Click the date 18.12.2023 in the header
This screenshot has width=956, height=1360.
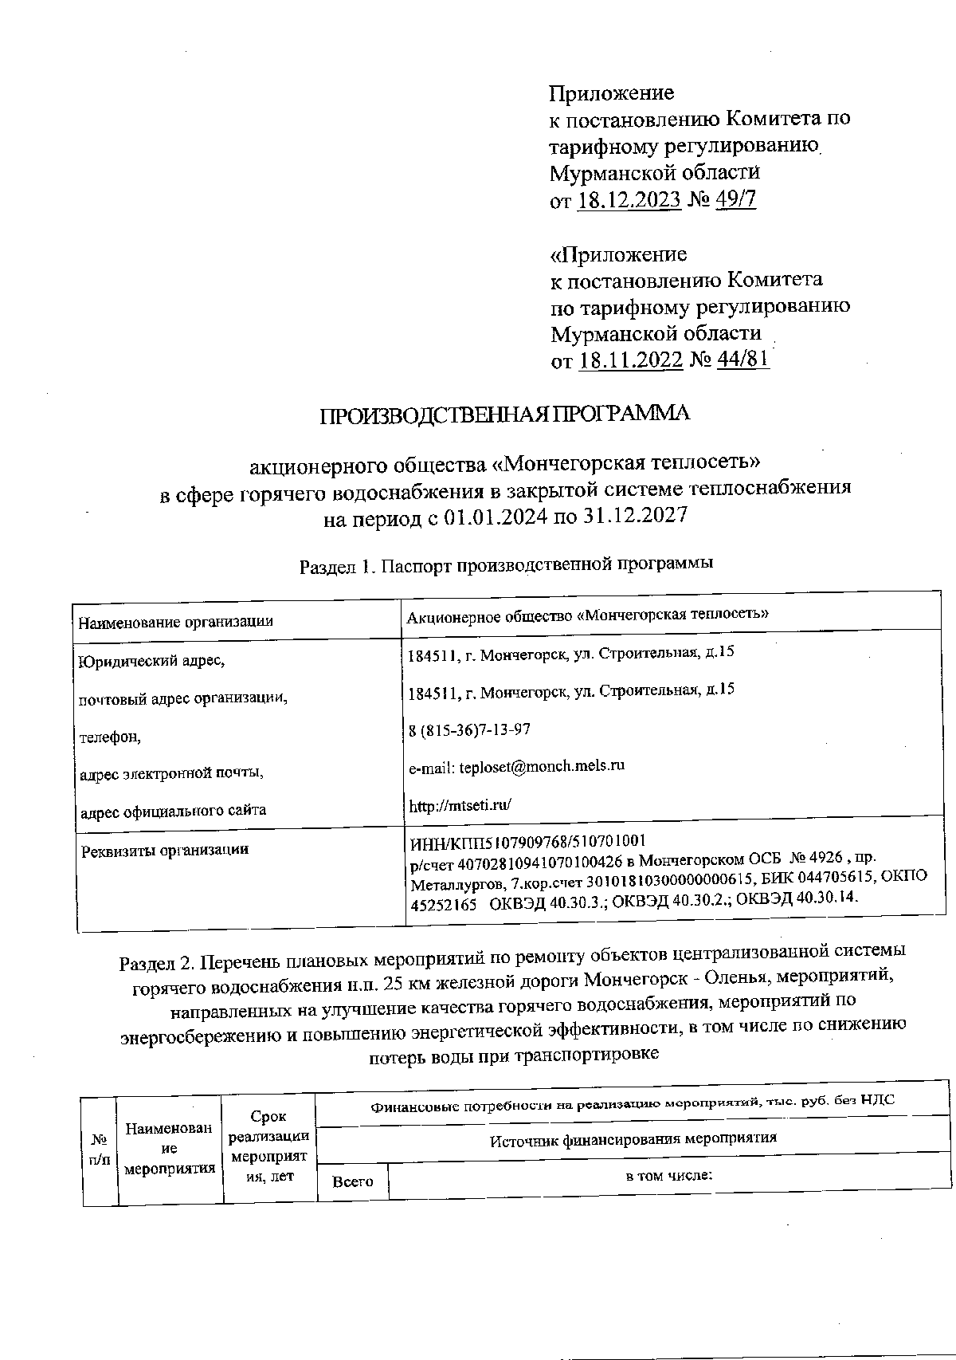[629, 198]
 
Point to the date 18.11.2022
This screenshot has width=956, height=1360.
[631, 360]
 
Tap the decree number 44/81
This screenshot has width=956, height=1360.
[742, 360]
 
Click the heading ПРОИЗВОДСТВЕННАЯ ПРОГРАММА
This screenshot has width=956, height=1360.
[504, 415]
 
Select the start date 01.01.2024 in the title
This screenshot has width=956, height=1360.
[496, 517]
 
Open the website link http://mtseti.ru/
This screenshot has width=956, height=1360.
[459, 805]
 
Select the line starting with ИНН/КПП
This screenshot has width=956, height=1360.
[527, 841]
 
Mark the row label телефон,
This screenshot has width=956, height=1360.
[110, 737]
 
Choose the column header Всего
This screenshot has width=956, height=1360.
[353, 1181]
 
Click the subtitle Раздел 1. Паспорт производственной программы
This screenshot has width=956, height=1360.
[505, 565]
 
